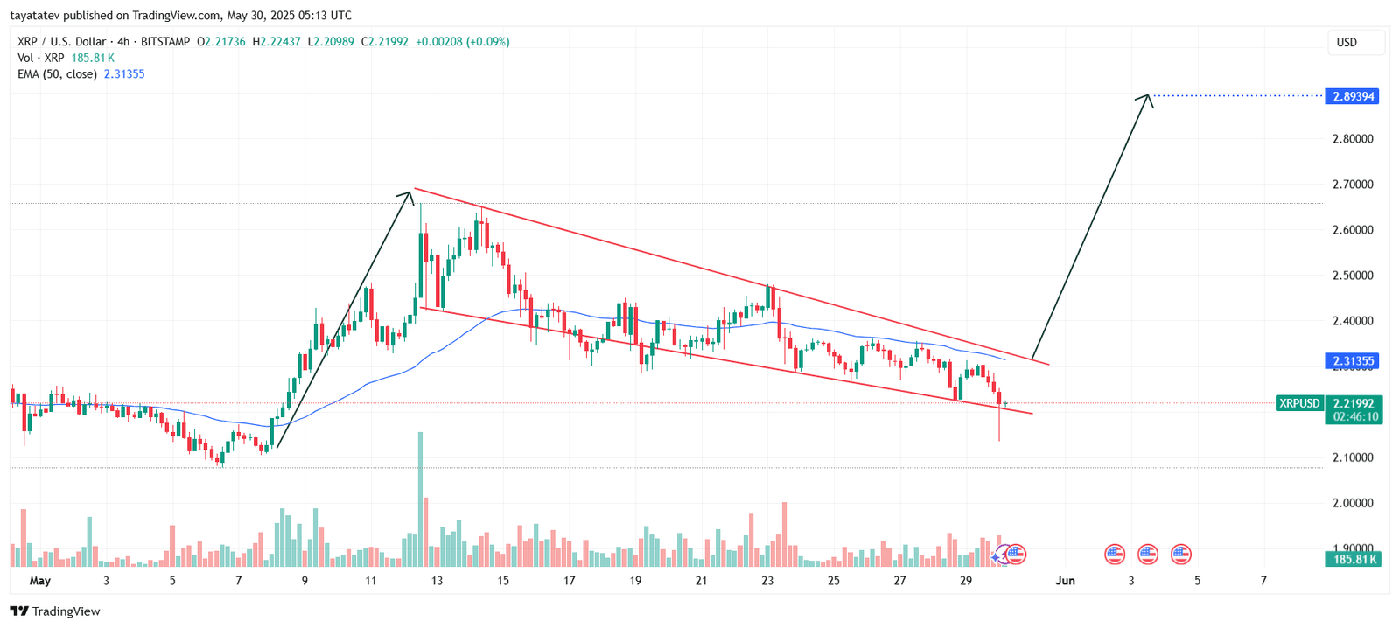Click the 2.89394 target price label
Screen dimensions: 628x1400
tap(1352, 96)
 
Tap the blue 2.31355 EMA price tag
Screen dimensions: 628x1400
tap(1352, 360)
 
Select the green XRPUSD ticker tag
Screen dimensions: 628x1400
tap(1299, 403)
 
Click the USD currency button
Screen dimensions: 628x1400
tap(1347, 42)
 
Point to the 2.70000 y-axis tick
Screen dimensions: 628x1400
tap(1352, 185)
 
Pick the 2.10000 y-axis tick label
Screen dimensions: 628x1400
tap(1352, 457)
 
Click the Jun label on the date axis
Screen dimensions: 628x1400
tap(1065, 581)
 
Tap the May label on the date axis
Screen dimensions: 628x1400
tap(40, 581)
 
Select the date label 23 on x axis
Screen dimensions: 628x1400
tap(767, 581)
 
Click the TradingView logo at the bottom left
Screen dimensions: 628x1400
tap(55, 611)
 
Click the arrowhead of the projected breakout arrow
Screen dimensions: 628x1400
tap(1146, 97)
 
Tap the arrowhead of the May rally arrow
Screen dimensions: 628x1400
tap(408, 194)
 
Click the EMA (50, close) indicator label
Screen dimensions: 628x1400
tap(57, 74)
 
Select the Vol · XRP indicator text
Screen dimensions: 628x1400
tap(41, 58)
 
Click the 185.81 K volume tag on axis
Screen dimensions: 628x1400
tap(1352, 559)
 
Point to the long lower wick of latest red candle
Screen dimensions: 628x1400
tap(999, 426)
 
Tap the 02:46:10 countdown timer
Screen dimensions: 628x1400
tap(1354, 417)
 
